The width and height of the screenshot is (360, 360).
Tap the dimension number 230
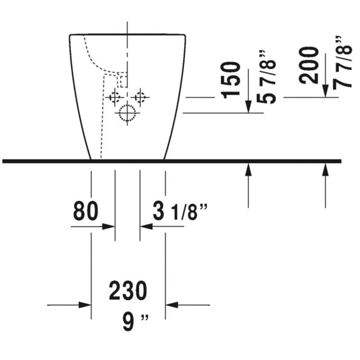pos(128,291)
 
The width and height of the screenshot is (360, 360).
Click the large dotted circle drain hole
pos(128,113)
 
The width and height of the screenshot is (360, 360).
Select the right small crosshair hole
pos(140,97)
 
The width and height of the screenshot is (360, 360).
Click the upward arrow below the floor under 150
pos(248,170)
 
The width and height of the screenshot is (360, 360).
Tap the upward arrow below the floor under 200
pos(326,170)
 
